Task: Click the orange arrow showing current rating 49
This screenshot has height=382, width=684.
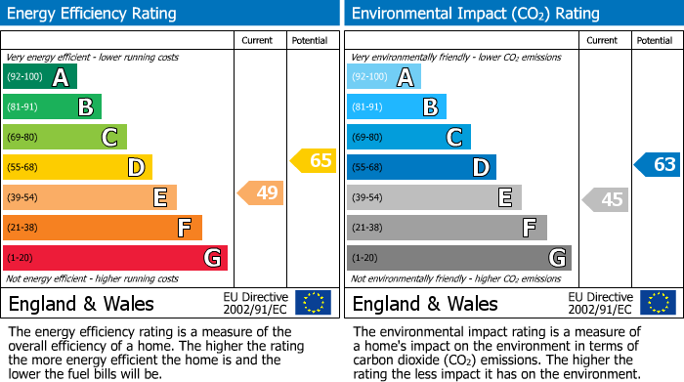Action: pyautogui.click(x=262, y=192)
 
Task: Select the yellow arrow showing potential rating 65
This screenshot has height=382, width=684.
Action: pyautogui.click(x=314, y=161)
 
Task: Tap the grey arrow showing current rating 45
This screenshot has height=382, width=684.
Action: pyautogui.click(x=606, y=199)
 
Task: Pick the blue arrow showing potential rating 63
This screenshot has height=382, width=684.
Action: pyautogui.click(x=658, y=164)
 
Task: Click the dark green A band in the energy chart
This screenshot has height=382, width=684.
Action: pyautogui.click(x=40, y=77)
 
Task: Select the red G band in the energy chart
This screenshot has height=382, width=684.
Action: pyautogui.click(x=115, y=258)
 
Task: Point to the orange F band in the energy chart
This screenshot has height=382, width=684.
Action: pyautogui.click(x=103, y=228)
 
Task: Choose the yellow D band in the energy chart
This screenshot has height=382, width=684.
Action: pyautogui.click(x=77, y=167)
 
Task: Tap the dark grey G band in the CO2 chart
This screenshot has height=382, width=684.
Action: pyautogui.click(x=459, y=258)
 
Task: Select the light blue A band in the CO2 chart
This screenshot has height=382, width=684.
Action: pyautogui.click(x=384, y=77)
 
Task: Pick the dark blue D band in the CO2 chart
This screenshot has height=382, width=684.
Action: pyautogui.click(x=421, y=167)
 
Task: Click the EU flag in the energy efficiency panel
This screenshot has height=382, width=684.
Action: pyautogui.click(x=314, y=303)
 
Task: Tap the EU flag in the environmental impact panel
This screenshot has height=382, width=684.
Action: pyautogui.click(x=658, y=303)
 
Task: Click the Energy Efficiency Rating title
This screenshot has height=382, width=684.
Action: pyautogui.click(x=93, y=14)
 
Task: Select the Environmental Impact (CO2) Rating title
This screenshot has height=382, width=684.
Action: pyautogui.click(x=475, y=14)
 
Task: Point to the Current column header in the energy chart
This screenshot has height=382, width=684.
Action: pyautogui.click(x=257, y=40)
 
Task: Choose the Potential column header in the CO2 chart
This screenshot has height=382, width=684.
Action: pyautogui.click(x=654, y=40)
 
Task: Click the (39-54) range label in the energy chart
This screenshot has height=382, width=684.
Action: pyautogui.click(x=22, y=198)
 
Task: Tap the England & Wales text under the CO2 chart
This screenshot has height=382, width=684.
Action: pyautogui.click(x=425, y=303)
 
